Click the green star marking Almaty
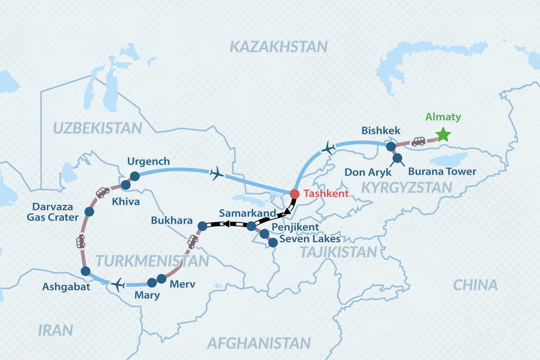[443, 134]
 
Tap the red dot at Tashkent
[294, 194]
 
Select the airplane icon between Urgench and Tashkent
[217, 174]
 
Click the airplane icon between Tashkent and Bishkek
[329, 147]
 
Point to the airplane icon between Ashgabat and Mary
[118, 283]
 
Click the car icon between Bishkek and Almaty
[418, 142]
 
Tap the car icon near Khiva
[103, 192]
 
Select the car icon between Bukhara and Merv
[193, 241]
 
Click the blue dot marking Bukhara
[202, 226]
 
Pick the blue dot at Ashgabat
[85, 272]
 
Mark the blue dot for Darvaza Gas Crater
[89, 211]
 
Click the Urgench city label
[148, 161]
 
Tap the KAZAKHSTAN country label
[279, 47]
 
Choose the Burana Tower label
[442, 172]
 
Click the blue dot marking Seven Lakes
[272, 243]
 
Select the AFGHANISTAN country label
[259, 343]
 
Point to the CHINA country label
[475, 285]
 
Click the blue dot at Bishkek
[391, 146]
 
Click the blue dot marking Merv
[160, 279]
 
